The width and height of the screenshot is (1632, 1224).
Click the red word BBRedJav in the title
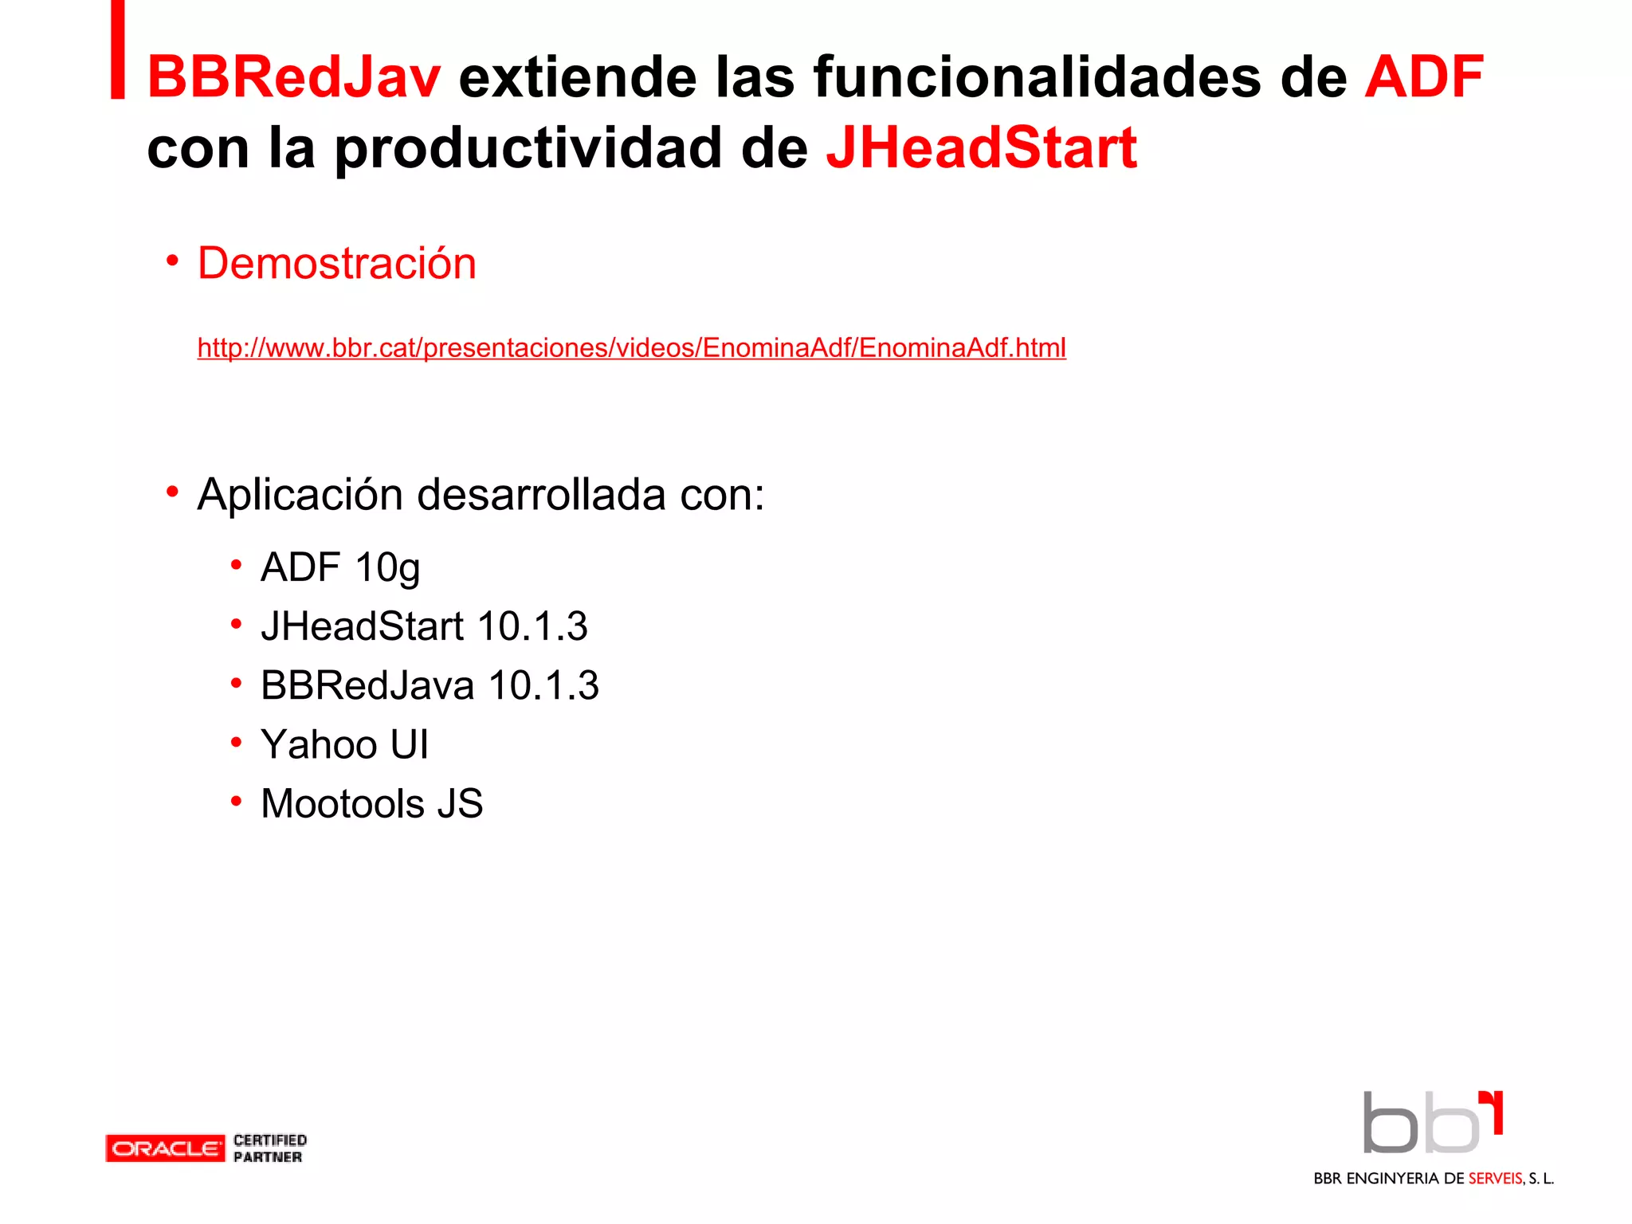293,78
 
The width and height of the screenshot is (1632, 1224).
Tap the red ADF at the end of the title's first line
1423,78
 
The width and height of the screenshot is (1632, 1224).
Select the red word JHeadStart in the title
981,149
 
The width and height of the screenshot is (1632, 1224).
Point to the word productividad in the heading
527,149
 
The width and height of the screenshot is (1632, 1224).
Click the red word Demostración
336,264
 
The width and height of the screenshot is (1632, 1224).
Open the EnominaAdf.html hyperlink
631,348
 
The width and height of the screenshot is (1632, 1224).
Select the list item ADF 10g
340,568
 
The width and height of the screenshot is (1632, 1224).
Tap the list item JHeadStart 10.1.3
424,626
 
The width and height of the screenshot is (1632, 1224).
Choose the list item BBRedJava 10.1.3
430,685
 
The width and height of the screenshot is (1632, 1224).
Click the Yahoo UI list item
344,744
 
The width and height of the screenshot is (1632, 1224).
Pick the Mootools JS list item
371,803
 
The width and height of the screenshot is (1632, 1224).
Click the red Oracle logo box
165,1148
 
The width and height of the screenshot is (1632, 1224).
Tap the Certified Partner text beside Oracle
269,1148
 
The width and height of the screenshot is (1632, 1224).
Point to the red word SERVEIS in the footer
1495,1179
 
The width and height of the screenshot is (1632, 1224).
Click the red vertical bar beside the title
118,49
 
